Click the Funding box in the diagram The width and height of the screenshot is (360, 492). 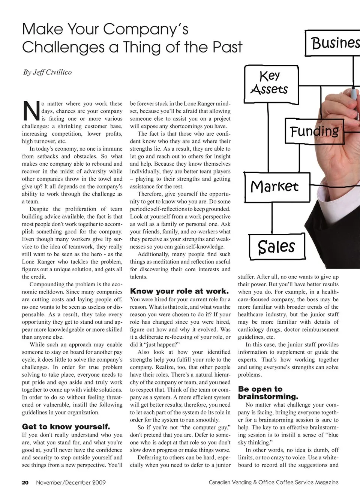coord(314,131)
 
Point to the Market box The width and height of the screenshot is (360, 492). coord(274,187)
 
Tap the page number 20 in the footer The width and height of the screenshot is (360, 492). coord(25,483)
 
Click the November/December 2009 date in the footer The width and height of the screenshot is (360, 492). coord(71,483)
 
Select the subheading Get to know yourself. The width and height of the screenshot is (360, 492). coord(66,426)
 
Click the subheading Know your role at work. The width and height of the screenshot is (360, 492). coord(179,291)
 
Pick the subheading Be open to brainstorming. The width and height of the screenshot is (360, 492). coord(268,393)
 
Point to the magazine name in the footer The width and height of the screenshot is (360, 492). coord(274,483)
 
